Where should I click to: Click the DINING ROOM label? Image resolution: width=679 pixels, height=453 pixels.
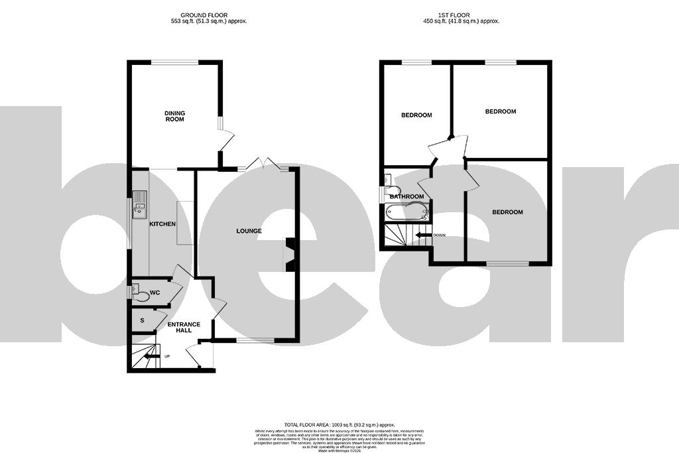(175, 116)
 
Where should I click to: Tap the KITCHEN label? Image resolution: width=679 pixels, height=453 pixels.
(162, 224)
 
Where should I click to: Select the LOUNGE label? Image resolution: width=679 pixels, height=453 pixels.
(249, 231)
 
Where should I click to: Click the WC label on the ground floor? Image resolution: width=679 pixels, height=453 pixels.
(155, 292)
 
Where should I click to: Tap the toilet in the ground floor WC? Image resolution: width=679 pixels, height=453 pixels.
(138, 292)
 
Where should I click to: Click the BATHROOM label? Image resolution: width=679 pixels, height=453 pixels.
(406, 196)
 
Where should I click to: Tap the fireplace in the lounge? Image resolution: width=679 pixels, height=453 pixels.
(290, 255)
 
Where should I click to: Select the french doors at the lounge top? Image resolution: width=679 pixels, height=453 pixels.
(264, 165)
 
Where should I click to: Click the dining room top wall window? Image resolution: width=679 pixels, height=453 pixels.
(174, 62)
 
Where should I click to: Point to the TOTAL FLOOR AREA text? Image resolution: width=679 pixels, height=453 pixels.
(339, 424)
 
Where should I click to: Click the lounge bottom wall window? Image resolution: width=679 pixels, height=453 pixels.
(255, 341)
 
